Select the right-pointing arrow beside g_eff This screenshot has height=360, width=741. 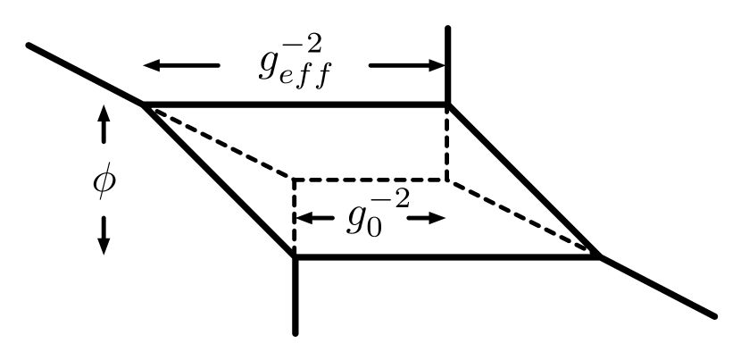tap(406, 65)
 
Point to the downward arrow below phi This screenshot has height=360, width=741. tap(104, 235)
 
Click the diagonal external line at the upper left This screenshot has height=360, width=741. tap(85, 73)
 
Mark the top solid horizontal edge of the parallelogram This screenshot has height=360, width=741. tap(295, 105)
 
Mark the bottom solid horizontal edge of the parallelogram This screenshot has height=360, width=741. tap(446, 257)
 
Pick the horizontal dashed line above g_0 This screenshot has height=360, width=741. tap(370, 180)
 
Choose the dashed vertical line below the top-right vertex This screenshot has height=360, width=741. tap(447, 143)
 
